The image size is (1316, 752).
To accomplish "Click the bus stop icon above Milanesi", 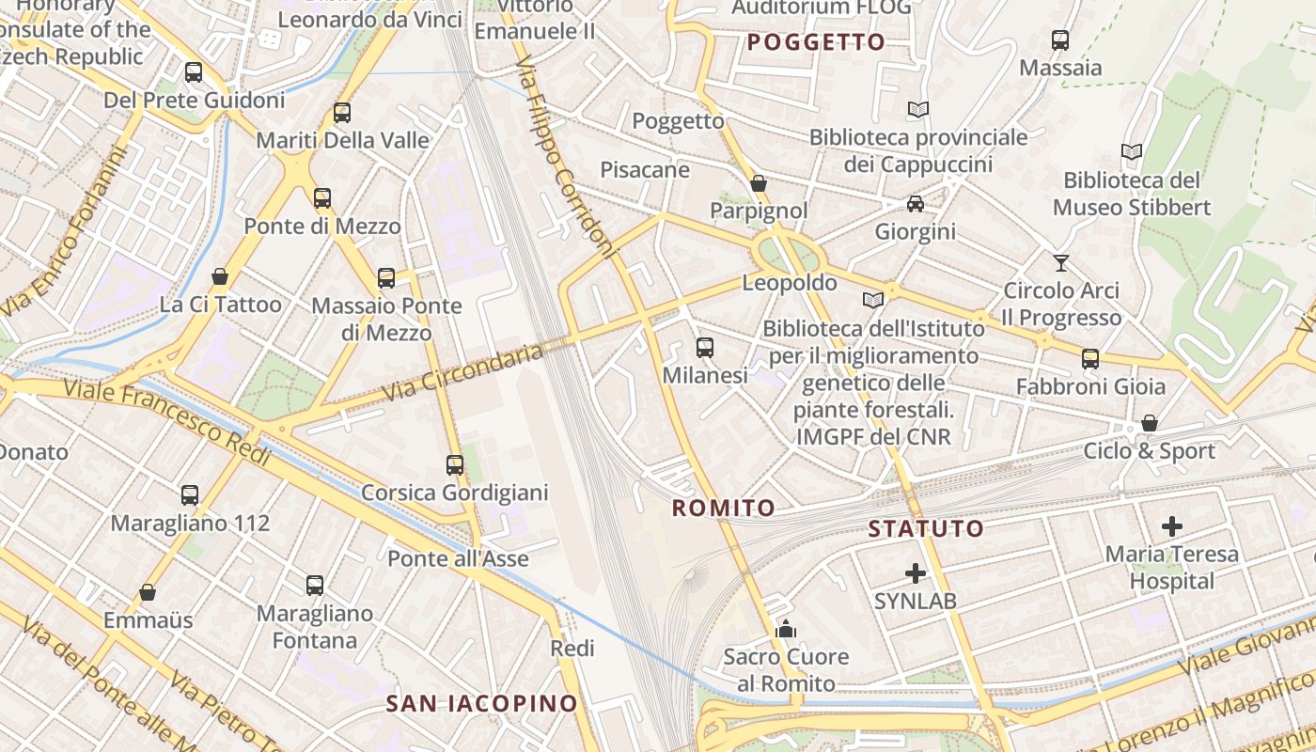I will pyautogui.click(x=705, y=348).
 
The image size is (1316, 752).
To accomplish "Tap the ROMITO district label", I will pyautogui.click(x=724, y=509).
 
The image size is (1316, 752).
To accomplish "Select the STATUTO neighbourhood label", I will pyautogui.click(x=926, y=528).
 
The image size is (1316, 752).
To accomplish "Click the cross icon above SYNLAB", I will pyautogui.click(x=916, y=572).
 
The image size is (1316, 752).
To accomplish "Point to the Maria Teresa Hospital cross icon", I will pyautogui.click(x=1172, y=525).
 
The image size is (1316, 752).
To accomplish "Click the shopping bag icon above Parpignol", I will pyautogui.click(x=759, y=183).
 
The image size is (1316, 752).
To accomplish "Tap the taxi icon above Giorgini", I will pyautogui.click(x=915, y=204).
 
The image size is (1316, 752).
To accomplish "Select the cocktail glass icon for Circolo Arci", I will pyautogui.click(x=1061, y=262).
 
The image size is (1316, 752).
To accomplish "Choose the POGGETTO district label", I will pyautogui.click(x=816, y=42).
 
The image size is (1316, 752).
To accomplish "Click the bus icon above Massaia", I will pyautogui.click(x=1060, y=40).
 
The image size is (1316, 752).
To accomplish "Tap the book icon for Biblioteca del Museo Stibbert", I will pyautogui.click(x=1132, y=151).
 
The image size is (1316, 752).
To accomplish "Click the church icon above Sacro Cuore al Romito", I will pyautogui.click(x=786, y=629).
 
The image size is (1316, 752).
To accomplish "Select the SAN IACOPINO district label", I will pyautogui.click(x=482, y=703).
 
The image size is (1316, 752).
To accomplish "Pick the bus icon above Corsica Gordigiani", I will pyautogui.click(x=455, y=464).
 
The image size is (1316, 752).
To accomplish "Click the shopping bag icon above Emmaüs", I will pyautogui.click(x=148, y=592).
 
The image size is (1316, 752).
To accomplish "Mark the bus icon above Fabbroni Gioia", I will pyautogui.click(x=1090, y=359).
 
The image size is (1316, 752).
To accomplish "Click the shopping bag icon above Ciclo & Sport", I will pyautogui.click(x=1149, y=424).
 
